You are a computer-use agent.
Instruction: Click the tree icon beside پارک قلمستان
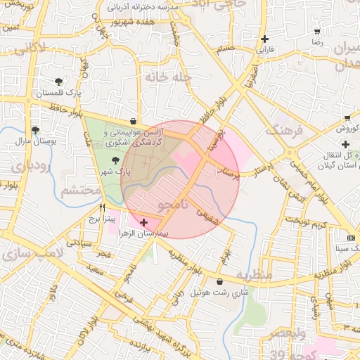point(58,82)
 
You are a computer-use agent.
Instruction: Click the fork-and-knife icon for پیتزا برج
point(103,207)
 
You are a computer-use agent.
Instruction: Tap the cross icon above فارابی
point(264,39)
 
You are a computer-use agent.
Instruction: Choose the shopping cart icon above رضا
point(317,32)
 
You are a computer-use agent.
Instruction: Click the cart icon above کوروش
point(347,117)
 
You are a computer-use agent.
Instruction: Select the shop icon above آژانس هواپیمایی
point(134,121)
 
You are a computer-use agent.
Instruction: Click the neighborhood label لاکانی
point(30,50)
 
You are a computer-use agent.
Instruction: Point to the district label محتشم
point(79,191)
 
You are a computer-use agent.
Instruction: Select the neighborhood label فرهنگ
point(283,131)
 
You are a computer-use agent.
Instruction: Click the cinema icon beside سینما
point(352,238)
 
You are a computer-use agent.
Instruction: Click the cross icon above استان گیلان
point(345,143)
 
